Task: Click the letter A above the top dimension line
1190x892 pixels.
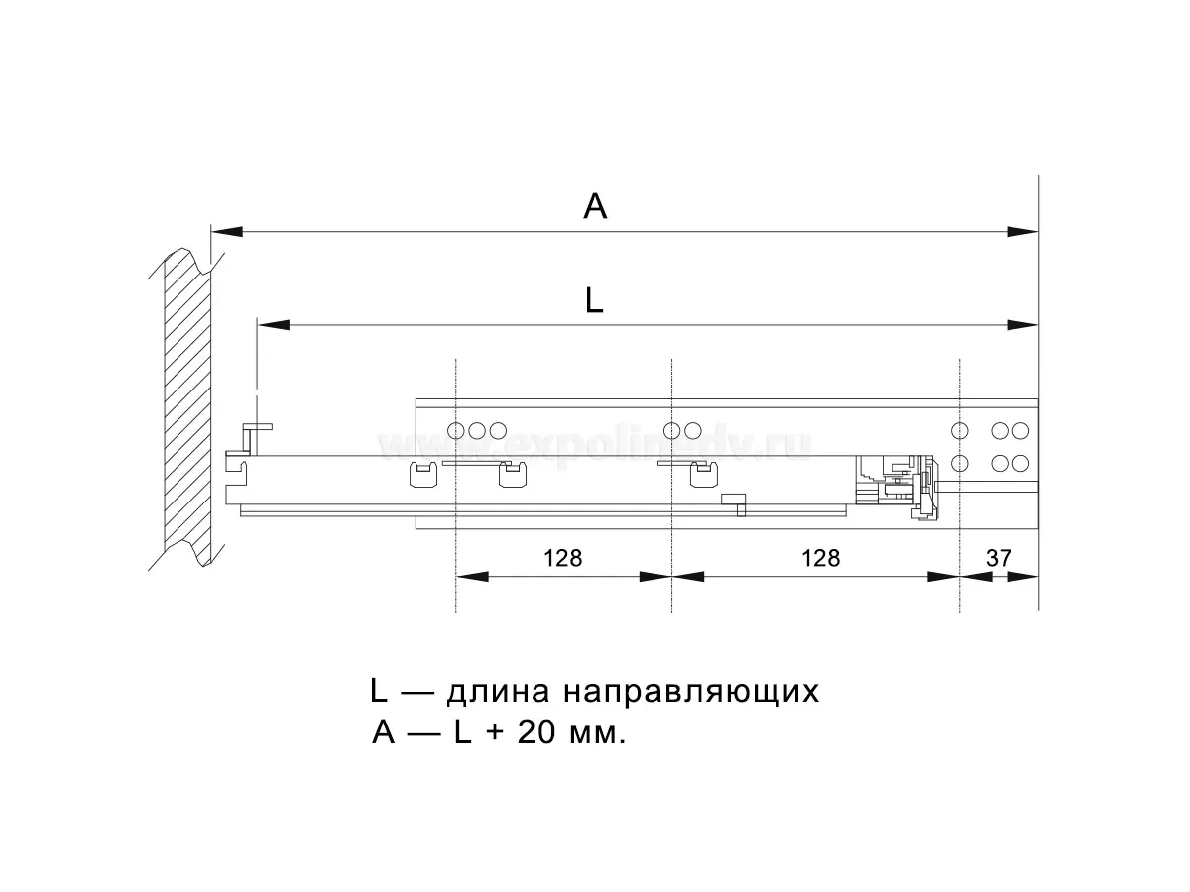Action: coord(595,206)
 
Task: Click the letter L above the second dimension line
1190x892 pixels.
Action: coord(594,300)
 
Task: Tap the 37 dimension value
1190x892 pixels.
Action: coord(999,558)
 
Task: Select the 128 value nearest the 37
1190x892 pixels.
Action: coord(820,558)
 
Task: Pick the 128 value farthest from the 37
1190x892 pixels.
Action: coord(562,558)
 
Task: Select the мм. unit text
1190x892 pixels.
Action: coord(596,735)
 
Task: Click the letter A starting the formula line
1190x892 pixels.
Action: coord(385,733)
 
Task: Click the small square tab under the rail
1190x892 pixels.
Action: coord(734,502)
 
